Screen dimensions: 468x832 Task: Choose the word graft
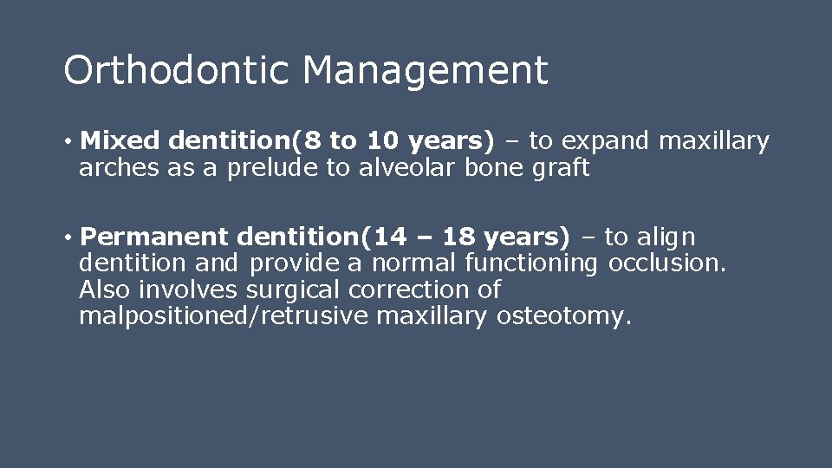click(562, 168)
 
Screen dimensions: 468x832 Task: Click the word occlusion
click(666, 263)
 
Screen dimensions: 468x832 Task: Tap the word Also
click(105, 289)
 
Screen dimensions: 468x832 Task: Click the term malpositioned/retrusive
click(224, 316)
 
